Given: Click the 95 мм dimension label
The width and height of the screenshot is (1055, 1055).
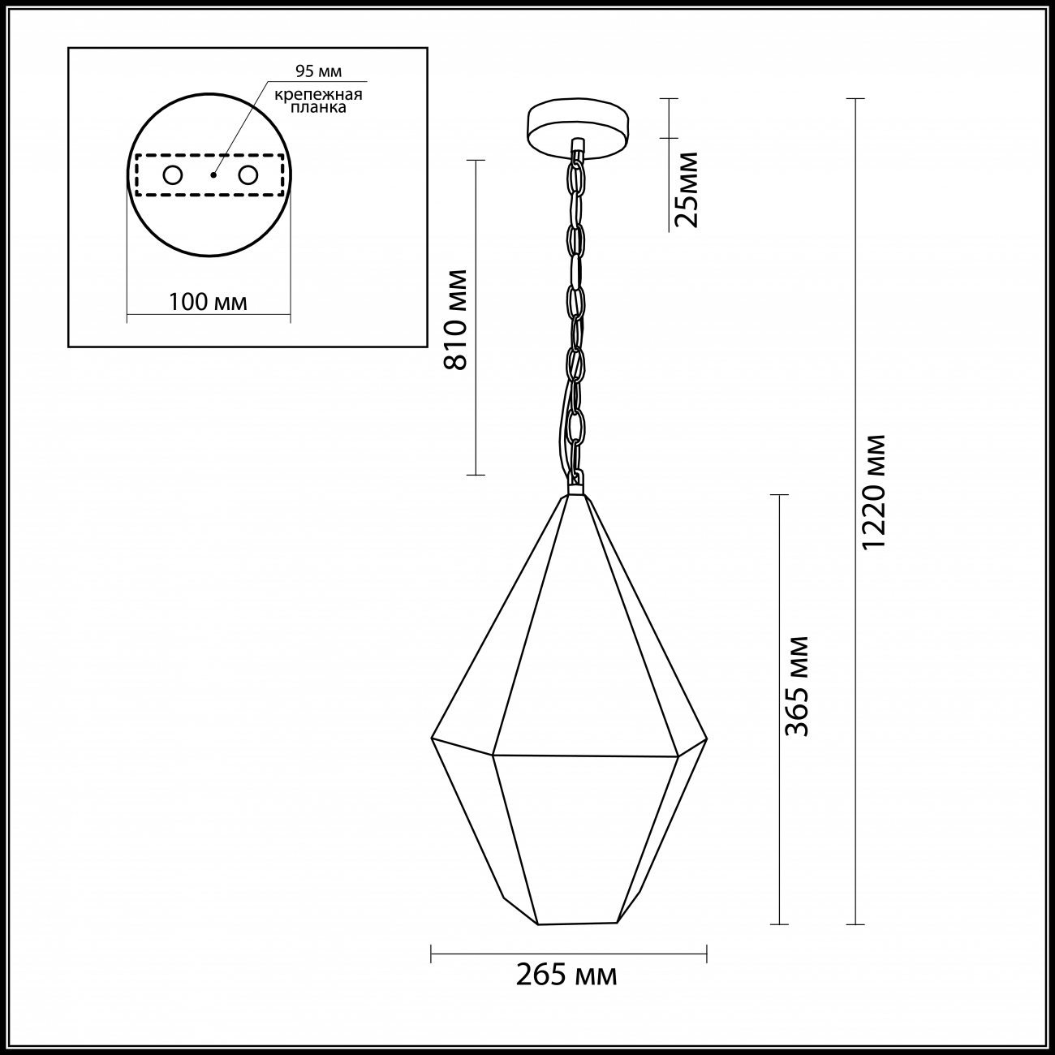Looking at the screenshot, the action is pos(319,71).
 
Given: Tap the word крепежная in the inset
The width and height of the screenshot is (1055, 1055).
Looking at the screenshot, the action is pos(319,95).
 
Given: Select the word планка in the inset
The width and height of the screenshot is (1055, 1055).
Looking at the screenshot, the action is pos(318,108).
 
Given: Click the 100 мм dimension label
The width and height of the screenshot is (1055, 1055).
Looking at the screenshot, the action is pos(208,302).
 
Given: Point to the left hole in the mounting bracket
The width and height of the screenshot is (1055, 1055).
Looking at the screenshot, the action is pos(173,175).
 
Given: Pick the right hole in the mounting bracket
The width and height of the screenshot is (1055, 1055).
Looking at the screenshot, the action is pos(248,175).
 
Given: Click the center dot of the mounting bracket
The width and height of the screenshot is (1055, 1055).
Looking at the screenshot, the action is pos(213,174).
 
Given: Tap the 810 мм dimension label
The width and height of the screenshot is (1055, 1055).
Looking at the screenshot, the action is pos(456,320).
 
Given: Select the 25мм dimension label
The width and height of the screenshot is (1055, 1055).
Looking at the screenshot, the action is pos(687,189).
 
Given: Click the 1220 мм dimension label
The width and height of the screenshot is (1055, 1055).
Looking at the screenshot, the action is pos(873,493).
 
